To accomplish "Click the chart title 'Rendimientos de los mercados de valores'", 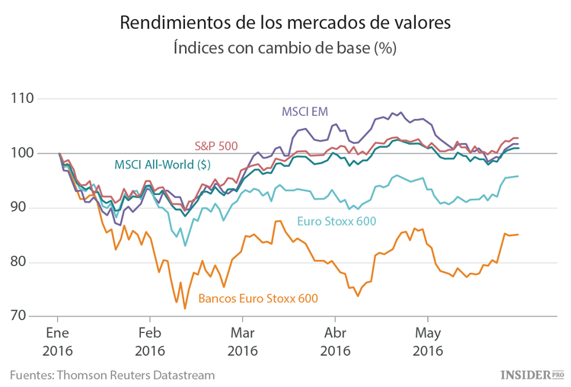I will click(285, 23).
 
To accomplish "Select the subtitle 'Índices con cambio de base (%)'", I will click(285, 47).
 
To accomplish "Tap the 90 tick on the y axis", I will click(25, 207).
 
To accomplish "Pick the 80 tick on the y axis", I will click(25, 262).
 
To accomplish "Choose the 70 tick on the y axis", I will click(25, 316).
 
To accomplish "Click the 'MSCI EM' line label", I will click(304, 111).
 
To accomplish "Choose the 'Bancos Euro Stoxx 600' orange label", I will click(257, 299).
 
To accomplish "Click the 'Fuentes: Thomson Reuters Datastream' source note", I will click(112, 375).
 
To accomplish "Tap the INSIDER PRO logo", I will click(531, 374).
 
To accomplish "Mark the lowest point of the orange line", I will click(185, 308).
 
